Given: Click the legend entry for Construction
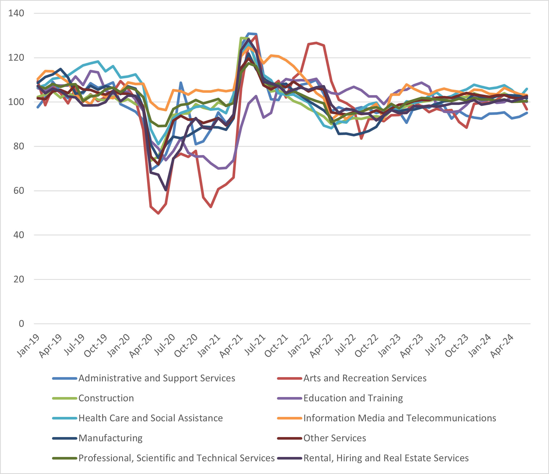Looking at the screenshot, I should click(x=106, y=398).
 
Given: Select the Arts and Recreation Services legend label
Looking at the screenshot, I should click(x=365, y=378).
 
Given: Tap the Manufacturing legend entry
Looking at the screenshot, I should click(x=110, y=438).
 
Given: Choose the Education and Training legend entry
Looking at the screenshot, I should click(x=353, y=398).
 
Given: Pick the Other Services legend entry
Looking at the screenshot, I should click(x=334, y=438).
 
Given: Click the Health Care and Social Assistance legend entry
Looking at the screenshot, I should click(x=151, y=418).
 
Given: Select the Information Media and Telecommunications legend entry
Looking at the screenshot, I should click(x=400, y=418).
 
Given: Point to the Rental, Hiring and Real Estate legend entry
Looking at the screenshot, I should click(x=386, y=458).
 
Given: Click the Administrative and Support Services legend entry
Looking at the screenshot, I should click(x=157, y=378).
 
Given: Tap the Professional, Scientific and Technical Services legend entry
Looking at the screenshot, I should click(x=176, y=458).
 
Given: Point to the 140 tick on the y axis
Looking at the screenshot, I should click(x=16, y=13).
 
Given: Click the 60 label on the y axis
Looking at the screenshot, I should click(x=19, y=191).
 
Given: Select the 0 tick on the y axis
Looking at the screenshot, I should click(x=21, y=324).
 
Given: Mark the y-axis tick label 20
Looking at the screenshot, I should click(x=19, y=279).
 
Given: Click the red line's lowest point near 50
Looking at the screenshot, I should click(x=159, y=213).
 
